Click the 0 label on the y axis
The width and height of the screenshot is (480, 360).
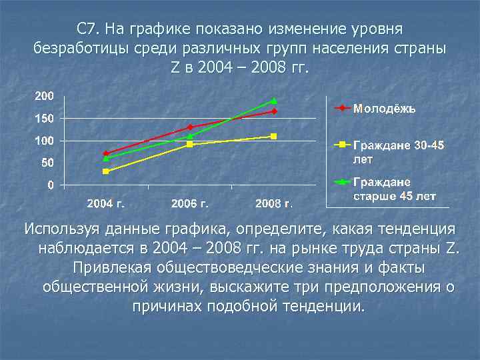[51, 185]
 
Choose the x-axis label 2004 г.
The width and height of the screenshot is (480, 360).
[106, 203]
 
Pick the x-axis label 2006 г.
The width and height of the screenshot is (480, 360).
[190, 203]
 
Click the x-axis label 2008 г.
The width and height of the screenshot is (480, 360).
[274, 203]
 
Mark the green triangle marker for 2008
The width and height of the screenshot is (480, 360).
[273, 101]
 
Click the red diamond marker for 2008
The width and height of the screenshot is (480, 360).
[273, 111]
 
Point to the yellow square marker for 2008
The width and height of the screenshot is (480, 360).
[273, 136]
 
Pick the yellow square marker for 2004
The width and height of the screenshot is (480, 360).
[106, 171]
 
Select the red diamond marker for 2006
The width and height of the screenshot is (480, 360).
[190, 127]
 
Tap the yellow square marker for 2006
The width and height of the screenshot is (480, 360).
[190, 144]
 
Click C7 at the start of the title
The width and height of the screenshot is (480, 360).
[87, 29]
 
